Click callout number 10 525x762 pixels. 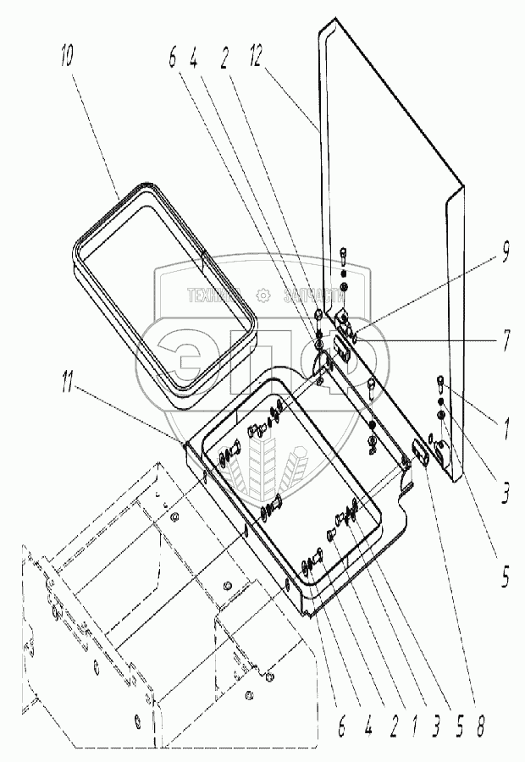(x=67, y=60)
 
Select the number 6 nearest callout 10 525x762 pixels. (x=174, y=60)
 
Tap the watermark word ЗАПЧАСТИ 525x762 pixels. (x=313, y=294)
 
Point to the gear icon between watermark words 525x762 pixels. (x=262, y=294)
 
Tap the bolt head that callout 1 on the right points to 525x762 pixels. (x=439, y=380)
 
